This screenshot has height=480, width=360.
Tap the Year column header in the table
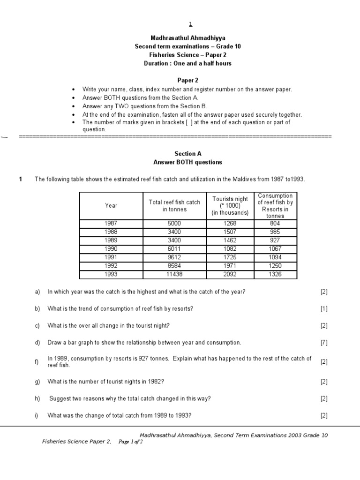click(112, 205)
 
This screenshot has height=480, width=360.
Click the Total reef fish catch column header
click(174, 205)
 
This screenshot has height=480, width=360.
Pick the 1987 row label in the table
click(112, 224)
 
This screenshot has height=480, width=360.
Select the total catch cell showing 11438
click(174, 274)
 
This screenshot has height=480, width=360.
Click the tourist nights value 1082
click(230, 249)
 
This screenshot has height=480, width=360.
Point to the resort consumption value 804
click(275, 224)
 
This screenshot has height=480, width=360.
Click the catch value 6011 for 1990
click(174, 249)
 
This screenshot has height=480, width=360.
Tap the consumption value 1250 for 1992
click(275, 266)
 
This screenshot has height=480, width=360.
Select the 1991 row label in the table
click(112, 257)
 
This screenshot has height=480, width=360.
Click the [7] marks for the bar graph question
click(324, 343)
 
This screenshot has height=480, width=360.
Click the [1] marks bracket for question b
click(324, 309)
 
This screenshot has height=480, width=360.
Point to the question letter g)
click(37, 382)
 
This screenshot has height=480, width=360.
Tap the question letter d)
click(37, 343)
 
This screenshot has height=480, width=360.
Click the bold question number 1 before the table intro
click(21, 180)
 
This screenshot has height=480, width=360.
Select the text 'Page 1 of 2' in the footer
click(131, 442)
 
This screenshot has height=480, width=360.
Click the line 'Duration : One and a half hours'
click(187, 63)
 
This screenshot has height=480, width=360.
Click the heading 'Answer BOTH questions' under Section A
click(187, 162)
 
